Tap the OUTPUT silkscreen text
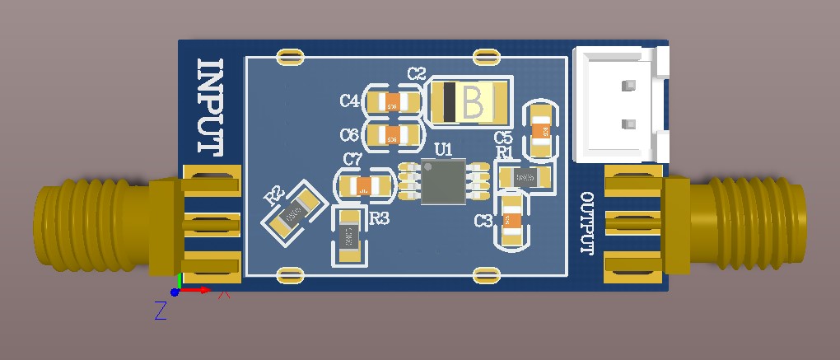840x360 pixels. [587, 224]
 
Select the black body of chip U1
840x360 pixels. [443, 181]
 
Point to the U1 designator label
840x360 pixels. [443, 149]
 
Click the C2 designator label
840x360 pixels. [417, 74]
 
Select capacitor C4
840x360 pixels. [392, 103]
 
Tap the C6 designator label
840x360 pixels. [349, 135]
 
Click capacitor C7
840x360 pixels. [364, 185]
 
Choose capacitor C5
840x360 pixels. [541, 129]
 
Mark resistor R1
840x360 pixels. [523, 176]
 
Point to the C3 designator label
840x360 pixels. [483, 221]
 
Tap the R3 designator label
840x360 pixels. [379, 219]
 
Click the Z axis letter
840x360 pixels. [161, 311]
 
